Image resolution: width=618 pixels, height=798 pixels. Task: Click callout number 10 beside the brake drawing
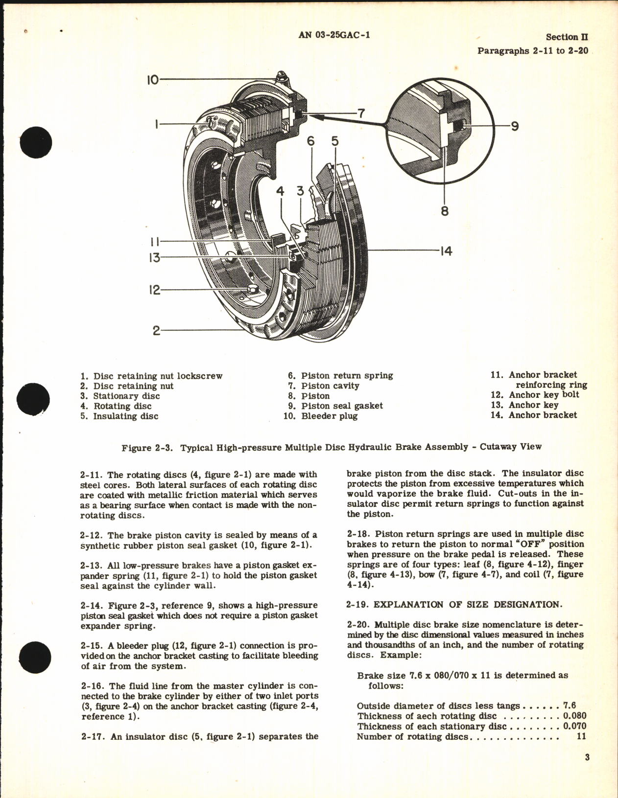point(153,79)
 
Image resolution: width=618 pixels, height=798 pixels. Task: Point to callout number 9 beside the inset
point(514,126)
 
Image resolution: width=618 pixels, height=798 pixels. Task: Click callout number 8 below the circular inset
point(445,211)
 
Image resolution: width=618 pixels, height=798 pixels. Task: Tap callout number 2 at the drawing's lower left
point(156,331)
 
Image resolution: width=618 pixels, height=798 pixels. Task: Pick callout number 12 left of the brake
point(155,290)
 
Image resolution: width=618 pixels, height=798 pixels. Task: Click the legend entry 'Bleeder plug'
point(329,416)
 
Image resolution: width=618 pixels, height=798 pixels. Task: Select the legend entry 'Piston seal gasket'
point(342,406)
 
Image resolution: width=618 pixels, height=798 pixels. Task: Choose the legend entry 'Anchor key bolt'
point(544,395)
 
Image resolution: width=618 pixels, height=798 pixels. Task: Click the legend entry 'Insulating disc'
point(125,416)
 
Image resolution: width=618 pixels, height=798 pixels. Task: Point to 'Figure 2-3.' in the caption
point(148,447)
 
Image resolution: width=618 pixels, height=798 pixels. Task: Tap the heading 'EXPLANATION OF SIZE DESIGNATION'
point(468,604)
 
